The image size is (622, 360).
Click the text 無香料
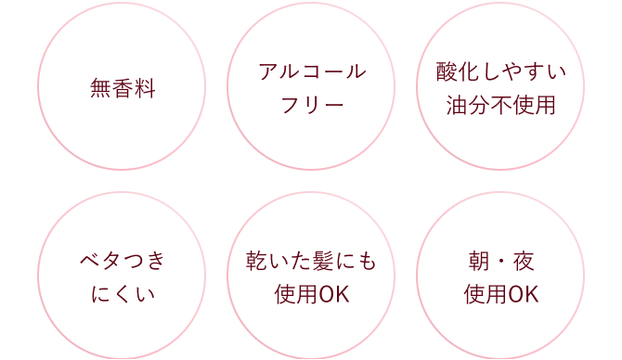pos(122,90)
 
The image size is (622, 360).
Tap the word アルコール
pos(311,72)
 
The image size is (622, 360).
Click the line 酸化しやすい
pos(500,72)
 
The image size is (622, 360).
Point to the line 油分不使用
pos(500,106)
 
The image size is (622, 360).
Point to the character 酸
pos(448,72)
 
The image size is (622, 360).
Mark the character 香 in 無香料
pos(122,90)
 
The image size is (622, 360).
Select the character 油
pos(457,106)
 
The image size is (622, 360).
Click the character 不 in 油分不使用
pos(500,106)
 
